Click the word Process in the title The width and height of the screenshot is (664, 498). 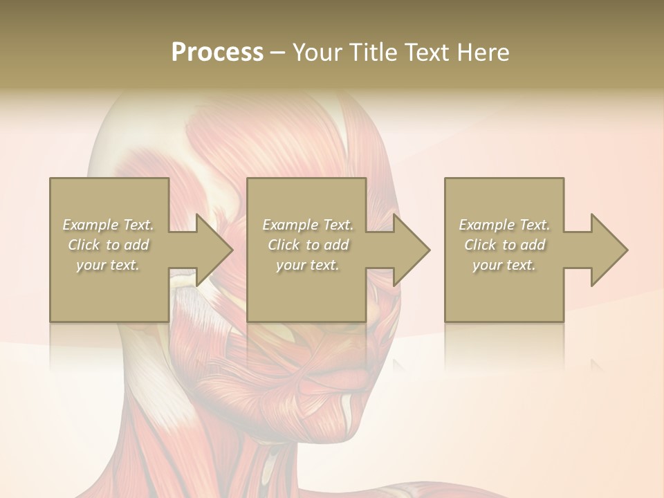[217, 52]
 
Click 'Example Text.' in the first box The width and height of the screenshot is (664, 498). [108, 225]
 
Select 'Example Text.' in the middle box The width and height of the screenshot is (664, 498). [308, 225]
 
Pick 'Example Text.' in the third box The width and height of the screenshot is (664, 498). [504, 225]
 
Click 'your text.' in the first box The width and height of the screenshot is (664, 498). [108, 265]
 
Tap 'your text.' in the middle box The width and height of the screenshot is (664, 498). [308, 265]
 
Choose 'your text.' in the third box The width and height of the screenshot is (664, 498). [504, 265]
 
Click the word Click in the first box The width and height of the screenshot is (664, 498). [84, 245]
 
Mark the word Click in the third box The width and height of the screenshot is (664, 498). [481, 245]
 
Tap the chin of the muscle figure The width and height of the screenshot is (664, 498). [346, 415]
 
